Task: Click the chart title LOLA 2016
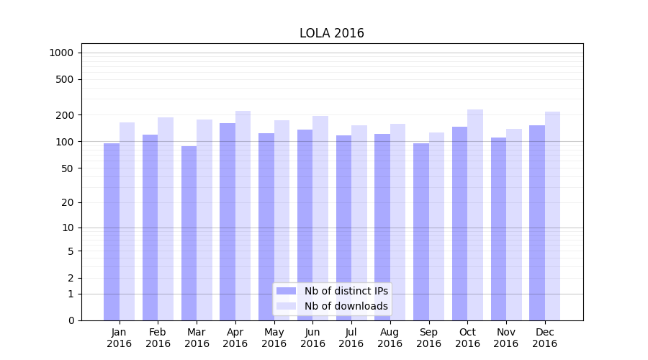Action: tap(332, 33)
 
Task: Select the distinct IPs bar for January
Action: tap(112, 230)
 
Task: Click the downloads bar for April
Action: tap(243, 215)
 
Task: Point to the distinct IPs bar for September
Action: tap(421, 230)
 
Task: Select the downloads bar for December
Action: tap(552, 216)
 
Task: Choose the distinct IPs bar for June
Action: tap(305, 224)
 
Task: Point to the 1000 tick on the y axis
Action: tap(61, 53)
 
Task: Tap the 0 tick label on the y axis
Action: tap(71, 320)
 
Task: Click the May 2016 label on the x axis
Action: tap(274, 338)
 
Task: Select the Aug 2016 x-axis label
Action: tap(390, 338)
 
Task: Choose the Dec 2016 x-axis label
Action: tap(544, 338)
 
